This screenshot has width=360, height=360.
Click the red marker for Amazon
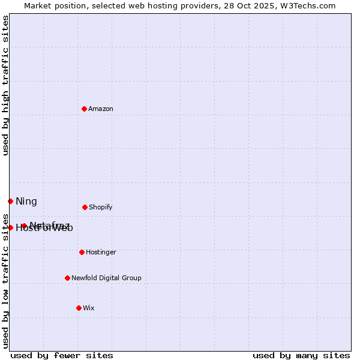pos(84,109)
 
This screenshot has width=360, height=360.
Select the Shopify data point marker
pos(85,207)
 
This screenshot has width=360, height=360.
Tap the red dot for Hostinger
pos(82,252)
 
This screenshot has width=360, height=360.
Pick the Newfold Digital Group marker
pos(67,278)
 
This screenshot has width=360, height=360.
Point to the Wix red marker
pos(79,308)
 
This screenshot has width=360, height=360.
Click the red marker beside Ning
pos(10,201)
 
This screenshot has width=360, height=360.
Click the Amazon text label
pos(101,109)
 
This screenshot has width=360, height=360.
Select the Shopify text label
pos(101,207)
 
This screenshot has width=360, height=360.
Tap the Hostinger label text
pos(101,252)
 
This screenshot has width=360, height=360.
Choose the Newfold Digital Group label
pos(106,278)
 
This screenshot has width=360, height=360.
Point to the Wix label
pos(89,308)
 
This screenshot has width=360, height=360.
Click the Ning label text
pos(26,201)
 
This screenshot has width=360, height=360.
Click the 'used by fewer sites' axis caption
pos(62,355)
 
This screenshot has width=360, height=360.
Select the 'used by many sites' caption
pos(301,355)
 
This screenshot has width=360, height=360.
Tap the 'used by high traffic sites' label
pos(5,85)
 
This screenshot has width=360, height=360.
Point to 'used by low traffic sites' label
pos(5,281)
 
